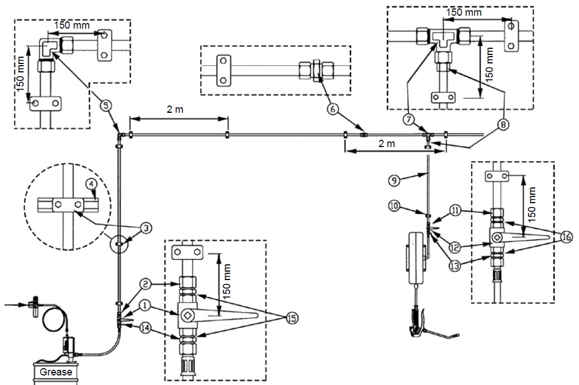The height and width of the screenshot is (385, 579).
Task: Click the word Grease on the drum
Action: [x=56, y=372]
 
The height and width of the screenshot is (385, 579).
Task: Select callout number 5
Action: [x=106, y=106]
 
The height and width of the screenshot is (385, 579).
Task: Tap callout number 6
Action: [x=333, y=109]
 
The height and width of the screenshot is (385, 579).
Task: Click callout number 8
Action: [x=503, y=125]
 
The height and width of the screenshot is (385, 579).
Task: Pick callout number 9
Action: [x=394, y=181]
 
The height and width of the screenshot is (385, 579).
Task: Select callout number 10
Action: [x=394, y=205]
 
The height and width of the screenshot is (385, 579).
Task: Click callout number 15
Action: [x=292, y=318]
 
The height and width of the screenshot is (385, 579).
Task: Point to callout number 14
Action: [x=146, y=328]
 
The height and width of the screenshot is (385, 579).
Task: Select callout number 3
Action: [x=146, y=228]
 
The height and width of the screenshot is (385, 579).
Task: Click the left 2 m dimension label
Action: [x=175, y=109]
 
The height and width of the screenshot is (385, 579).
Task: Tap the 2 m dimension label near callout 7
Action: [x=386, y=143]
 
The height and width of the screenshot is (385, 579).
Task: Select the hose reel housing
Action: [x=416, y=257]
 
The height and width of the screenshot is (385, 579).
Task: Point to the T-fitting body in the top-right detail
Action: [x=444, y=39]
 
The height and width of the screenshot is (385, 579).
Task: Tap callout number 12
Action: [x=455, y=247]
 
